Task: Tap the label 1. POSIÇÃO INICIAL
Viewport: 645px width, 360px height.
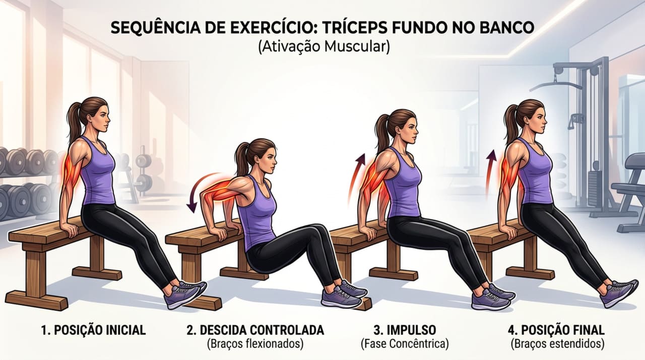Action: pos(93,331)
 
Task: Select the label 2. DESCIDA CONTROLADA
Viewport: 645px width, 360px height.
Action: pos(255,331)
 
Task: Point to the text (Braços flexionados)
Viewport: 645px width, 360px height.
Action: pos(254,344)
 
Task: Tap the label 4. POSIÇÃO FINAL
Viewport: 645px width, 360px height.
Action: pos(556,331)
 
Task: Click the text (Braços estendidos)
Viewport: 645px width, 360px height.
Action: pos(556,344)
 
